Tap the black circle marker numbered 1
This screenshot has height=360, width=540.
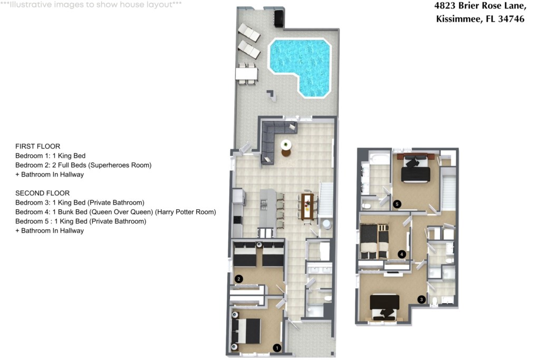[276, 348]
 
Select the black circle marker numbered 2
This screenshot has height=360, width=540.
[238, 279]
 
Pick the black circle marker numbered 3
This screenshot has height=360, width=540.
[421, 299]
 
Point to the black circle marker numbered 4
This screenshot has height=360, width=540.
[401, 255]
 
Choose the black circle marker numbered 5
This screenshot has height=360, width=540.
[397, 204]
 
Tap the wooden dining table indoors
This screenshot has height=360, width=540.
[307, 206]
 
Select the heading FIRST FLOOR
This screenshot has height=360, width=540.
[37, 147]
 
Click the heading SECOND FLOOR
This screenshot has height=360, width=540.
[42, 193]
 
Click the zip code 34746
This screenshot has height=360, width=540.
[512, 19]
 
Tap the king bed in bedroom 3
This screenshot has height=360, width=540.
[384, 307]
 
